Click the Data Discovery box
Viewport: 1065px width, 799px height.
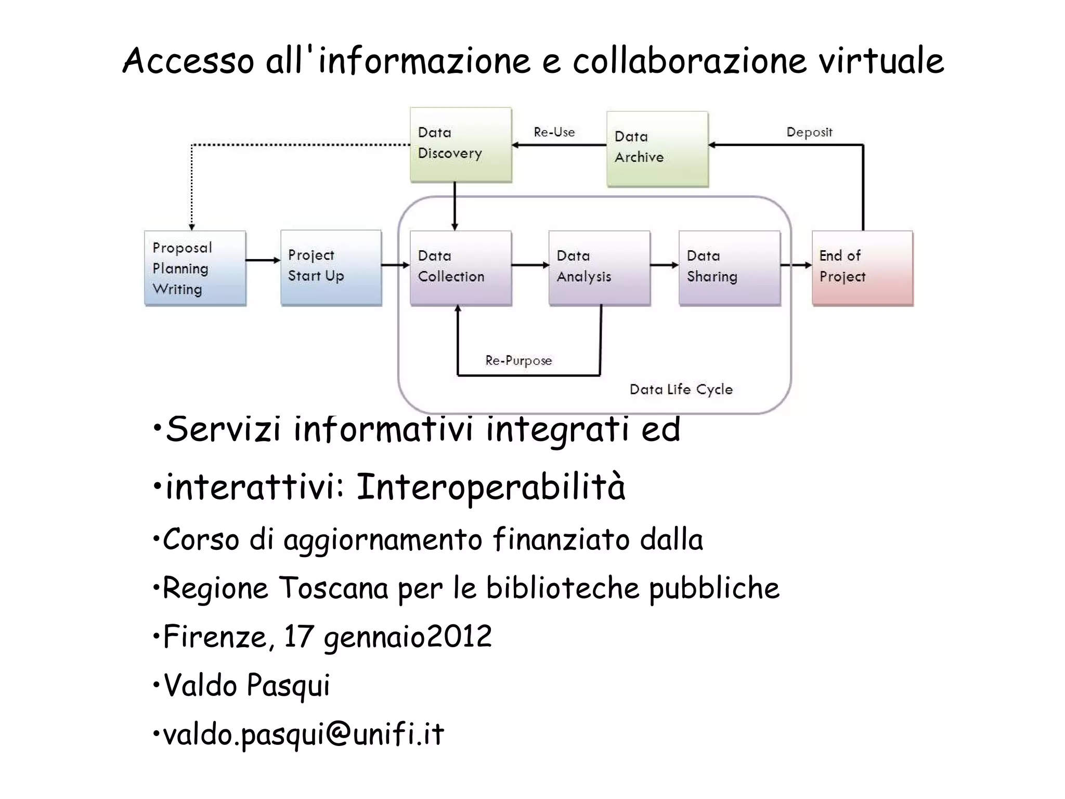[461, 145]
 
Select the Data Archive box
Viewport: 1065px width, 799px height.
[657, 149]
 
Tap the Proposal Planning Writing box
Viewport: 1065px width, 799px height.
[195, 268]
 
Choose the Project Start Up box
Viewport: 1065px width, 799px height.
[331, 267]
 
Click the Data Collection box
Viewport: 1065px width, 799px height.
[461, 267]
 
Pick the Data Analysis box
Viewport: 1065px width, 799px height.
[599, 267]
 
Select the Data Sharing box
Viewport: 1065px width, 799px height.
[730, 267]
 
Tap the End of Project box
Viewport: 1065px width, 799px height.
[862, 267]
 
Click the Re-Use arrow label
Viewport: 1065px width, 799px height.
[554, 132]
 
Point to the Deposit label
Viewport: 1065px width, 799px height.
[809, 132]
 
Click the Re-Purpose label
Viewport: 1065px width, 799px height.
[518, 360]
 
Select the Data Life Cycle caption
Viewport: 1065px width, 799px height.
[681, 390]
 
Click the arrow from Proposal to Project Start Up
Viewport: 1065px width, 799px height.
[263, 260]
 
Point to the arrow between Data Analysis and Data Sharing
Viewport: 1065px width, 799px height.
[664, 265]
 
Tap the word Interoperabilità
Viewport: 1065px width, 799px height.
[490, 487]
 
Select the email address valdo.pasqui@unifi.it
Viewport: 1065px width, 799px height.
[304, 734]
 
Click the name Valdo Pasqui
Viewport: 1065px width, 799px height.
[246, 685]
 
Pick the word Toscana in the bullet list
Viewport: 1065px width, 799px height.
[334, 588]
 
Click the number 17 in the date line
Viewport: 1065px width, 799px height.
[299, 636]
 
